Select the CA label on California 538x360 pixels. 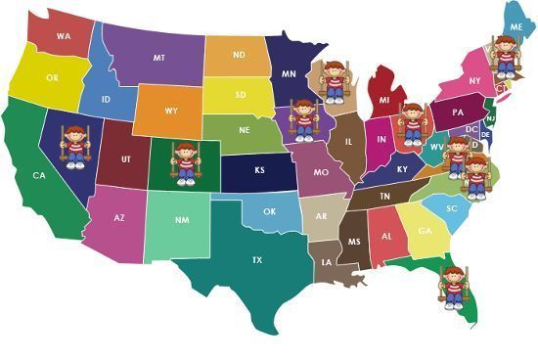39,176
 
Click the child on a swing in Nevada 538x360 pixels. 76,147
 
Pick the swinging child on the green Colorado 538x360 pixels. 184,162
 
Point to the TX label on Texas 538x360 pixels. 257,260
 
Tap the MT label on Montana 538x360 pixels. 158,59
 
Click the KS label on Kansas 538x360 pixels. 260,170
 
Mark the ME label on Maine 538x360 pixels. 516,27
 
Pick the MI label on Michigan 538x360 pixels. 384,101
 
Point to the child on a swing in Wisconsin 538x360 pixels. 335,80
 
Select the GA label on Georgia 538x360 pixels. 425,231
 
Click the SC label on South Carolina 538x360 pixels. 452,209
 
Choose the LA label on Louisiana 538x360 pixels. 324,262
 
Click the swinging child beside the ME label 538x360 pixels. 504,57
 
